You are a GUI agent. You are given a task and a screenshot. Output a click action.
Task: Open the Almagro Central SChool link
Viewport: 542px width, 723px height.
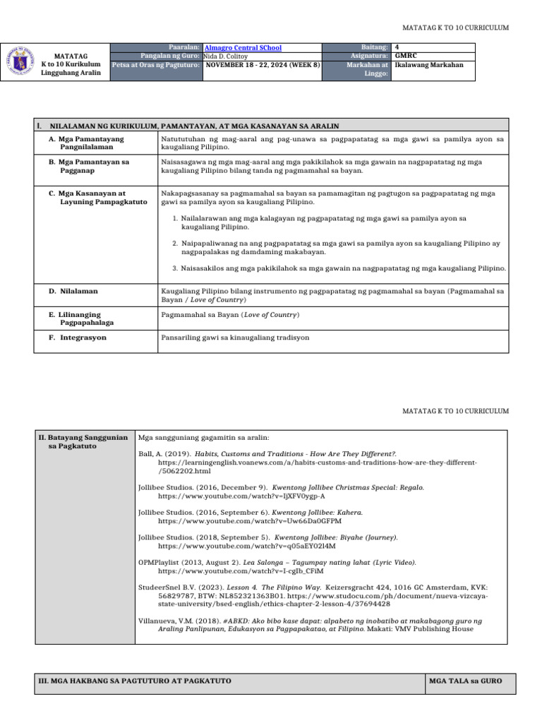[242, 47]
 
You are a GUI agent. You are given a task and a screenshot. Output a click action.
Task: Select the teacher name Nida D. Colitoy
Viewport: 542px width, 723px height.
[230, 56]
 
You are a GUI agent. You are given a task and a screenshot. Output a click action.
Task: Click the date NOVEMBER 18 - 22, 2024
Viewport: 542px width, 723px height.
[263, 64]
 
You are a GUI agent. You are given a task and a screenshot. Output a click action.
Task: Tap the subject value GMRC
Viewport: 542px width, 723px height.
[405, 56]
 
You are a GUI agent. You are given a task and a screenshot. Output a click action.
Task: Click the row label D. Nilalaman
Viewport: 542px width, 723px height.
[73, 291]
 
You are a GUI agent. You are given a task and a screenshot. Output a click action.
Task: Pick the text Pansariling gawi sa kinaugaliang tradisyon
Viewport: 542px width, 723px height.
[236, 337]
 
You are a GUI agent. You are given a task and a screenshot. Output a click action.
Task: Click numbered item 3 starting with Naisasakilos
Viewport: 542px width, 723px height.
[339, 268]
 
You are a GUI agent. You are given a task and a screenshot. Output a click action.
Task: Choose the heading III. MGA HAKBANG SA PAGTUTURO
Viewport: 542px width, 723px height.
[135, 681]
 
